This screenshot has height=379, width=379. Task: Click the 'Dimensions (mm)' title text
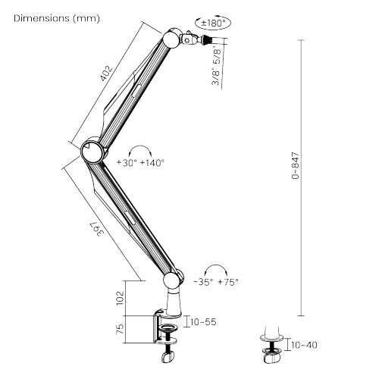pyautogui.click(x=57, y=18)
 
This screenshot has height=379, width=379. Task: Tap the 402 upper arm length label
pyautogui.click(x=106, y=74)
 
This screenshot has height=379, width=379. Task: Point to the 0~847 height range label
pyautogui.click(x=295, y=166)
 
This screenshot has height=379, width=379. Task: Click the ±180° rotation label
pyautogui.click(x=213, y=23)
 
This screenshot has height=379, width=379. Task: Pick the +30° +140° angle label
pyautogui.click(x=140, y=163)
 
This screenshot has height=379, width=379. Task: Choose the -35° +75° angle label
pyautogui.click(x=216, y=282)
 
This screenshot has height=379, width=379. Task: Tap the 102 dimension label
pyautogui.click(x=121, y=298)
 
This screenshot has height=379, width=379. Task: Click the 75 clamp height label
pyautogui.click(x=121, y=329)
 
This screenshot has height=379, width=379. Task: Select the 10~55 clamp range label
pyautogui.click(x=203, y=322)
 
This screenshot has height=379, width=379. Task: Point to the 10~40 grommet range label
pyautogui.click(x=304, y=345)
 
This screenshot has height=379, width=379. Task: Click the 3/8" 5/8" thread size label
pyautogui.click(x=217, y=67)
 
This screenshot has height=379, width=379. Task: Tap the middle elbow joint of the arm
pyautogui.click(x=92, y=151)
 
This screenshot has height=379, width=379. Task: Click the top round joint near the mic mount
pyautogui.click(x=171, y=39)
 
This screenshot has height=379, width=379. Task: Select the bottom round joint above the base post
pyautogui.click(x=172, y=281)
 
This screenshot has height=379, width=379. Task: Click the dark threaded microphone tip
pyautogui.click(x=207, y=40)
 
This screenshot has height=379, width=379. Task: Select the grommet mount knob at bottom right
pyautogui.click(x=271, y=358)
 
